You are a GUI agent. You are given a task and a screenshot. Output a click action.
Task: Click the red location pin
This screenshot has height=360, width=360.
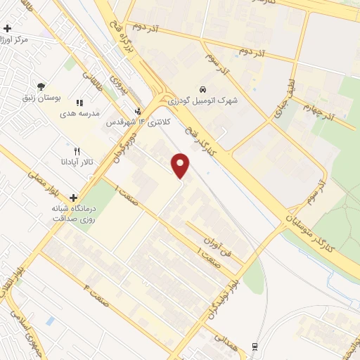181,166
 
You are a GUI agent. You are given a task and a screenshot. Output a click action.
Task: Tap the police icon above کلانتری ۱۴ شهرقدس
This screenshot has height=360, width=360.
138,111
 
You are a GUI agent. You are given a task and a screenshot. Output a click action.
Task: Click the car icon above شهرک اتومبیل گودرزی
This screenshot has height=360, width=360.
202,90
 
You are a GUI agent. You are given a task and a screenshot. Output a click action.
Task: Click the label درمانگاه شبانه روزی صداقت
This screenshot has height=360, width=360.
73,213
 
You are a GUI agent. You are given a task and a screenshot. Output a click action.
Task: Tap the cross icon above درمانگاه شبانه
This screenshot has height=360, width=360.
73,198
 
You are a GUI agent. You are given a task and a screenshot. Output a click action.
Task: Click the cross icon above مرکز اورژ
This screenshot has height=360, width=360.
7,29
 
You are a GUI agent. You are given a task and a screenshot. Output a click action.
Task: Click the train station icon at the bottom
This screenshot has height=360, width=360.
254,346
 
